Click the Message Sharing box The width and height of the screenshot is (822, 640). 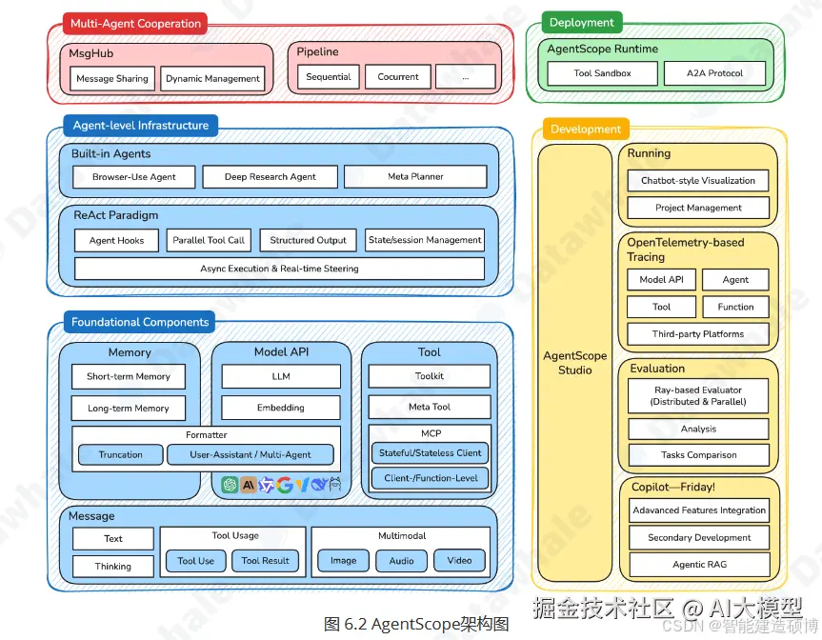112,79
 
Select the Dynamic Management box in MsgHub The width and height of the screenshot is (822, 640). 212,79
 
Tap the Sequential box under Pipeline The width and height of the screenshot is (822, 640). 329,77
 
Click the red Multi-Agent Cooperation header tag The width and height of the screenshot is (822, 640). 136,24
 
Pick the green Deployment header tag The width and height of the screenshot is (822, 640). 581,23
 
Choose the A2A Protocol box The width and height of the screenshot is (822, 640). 714,73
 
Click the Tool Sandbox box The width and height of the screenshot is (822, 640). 602,73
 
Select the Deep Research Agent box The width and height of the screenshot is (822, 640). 270,177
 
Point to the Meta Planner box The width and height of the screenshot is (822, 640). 415,177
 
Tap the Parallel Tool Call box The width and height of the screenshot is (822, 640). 209,241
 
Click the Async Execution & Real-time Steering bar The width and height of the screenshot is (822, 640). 279,269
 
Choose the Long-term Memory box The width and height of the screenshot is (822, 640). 128,409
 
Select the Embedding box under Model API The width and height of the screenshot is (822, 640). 281,408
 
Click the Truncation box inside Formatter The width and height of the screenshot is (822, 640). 121,455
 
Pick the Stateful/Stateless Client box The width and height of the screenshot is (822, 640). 430,453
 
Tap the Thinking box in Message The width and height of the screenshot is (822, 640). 112,567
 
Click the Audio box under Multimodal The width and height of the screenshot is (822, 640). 401,561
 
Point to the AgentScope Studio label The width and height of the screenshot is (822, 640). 574,363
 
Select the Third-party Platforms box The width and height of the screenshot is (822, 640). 698,334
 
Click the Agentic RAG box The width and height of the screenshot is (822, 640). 699,565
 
